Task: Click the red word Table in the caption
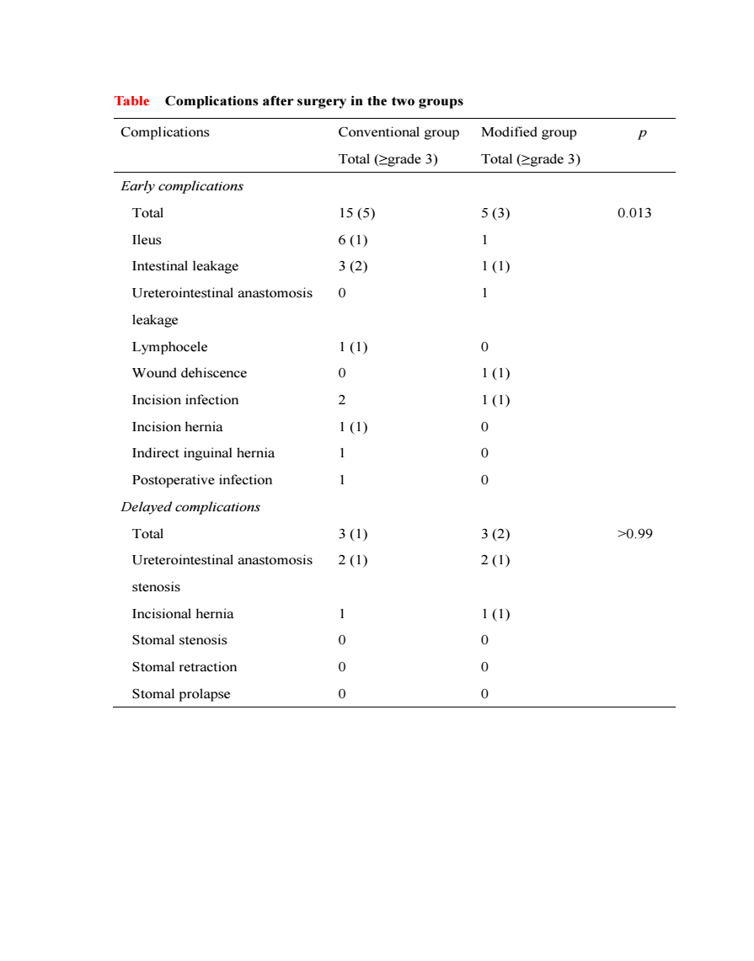tap(131, 101)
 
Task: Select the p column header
tap(643, 133)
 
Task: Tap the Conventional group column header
tap(398, 132)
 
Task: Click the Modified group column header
tap(529, 132)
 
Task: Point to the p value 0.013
tap(634, 213)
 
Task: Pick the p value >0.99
tap(635, 534)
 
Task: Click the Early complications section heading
tap(182, 186)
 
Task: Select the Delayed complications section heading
tap(190, 507)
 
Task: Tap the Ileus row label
tap(147, 240)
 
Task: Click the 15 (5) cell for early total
tap(356, 213)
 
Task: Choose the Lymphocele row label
tap(169, 347)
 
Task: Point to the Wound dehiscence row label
tap(190, 373)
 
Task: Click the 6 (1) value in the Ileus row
tap(353, 240)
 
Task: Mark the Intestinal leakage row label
tap(185, 266)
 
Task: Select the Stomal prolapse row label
tap(181, 694)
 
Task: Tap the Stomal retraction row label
tap(184, 667)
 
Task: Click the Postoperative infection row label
tap(202, 480)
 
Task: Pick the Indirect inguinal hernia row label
tap(203, 453)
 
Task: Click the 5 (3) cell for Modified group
tap(495, 213)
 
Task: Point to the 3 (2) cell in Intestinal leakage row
tap(353, 266)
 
